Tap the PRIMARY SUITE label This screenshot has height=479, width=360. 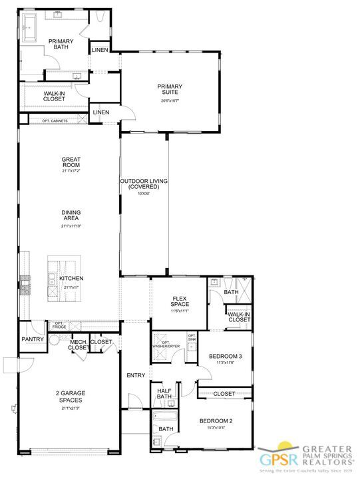pyautogui.click(x=170, y=89)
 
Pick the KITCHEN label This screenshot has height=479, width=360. pyautogui.click(x=71, y=279)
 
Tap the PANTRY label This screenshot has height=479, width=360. pyautogui.click(x=32, y=339)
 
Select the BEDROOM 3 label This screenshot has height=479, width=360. pyautogui.click(x=225, y=357)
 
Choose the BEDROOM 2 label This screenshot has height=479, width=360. pyautogui.click(x=216, y=421)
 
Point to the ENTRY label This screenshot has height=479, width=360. pyautogui.click(x=136, y=376)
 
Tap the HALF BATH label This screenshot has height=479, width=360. pyautogui.click(x=164, y=394)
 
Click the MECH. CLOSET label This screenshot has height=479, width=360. pyautogui.click(x=79, y=345)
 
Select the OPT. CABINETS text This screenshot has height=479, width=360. pyautogui.click(x=55, y=120)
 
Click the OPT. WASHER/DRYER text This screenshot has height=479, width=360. pyautogui.click(x=166, y=344)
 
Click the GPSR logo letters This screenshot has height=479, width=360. pyautogui.click(x=273, y=457)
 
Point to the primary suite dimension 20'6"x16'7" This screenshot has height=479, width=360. pyautogui.click(x=170, y=100)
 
